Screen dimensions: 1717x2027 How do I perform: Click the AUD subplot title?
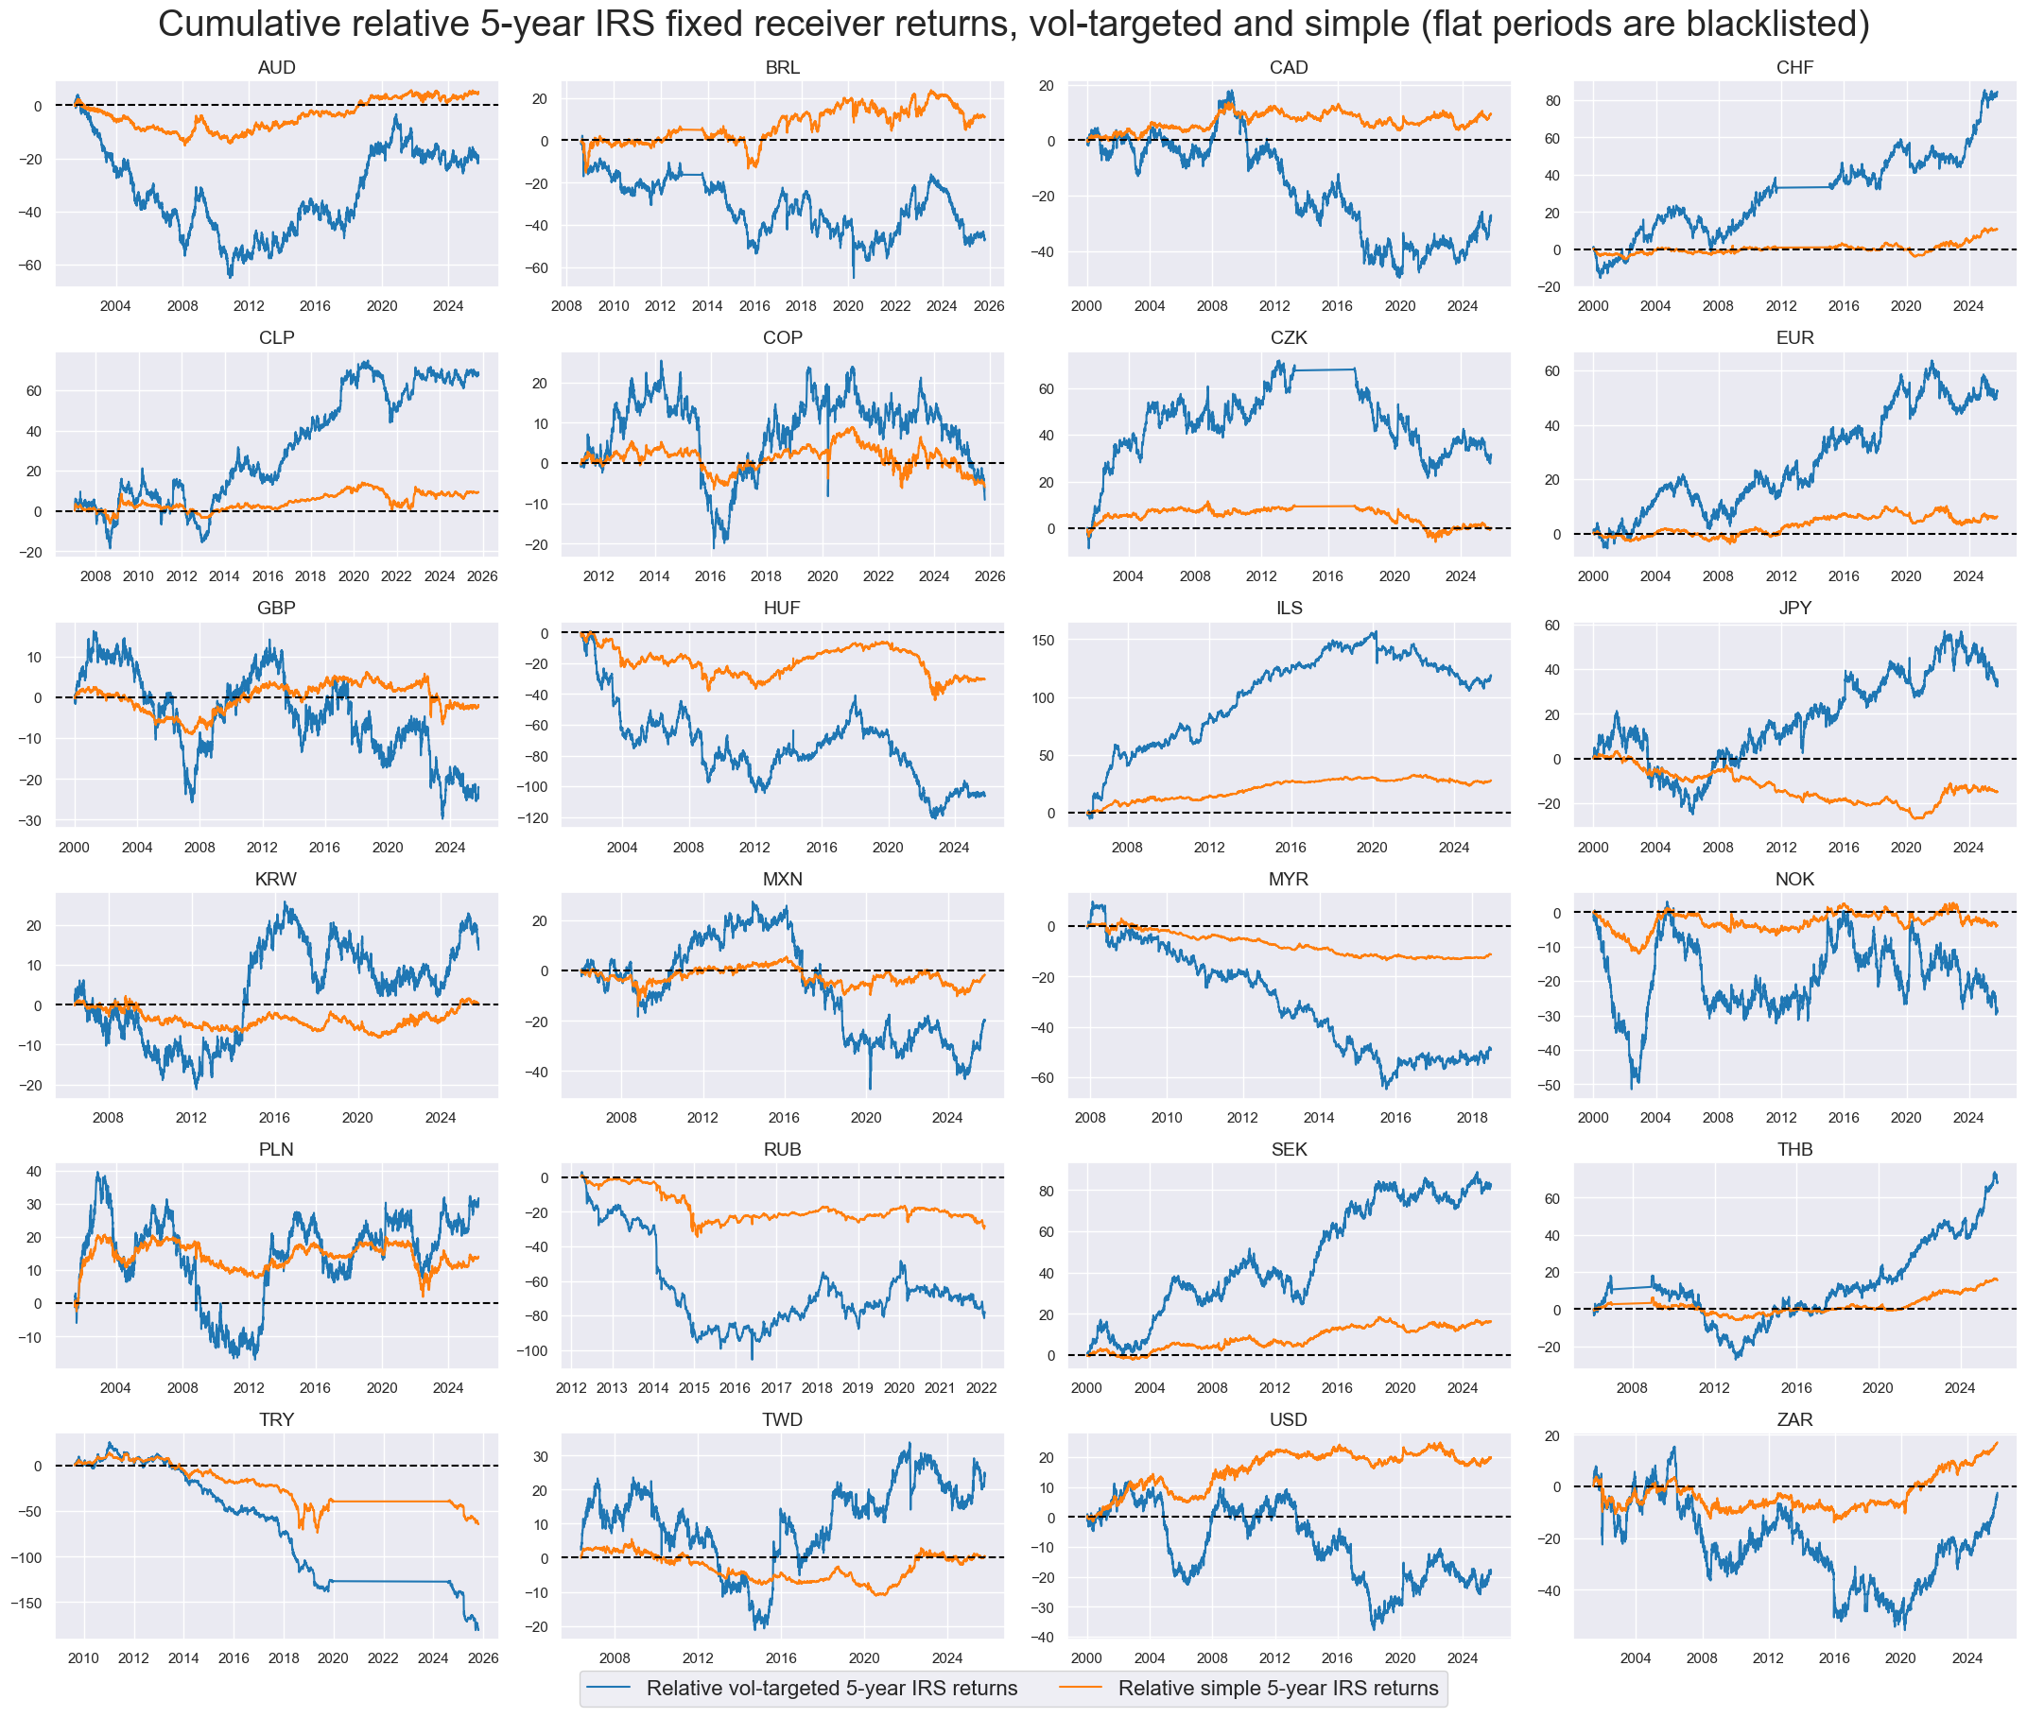point(275,67)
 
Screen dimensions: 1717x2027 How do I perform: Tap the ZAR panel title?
point(1793,1419)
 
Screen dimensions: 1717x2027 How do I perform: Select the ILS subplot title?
point(1288,608)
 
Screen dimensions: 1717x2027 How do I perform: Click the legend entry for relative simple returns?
point(1276,1688)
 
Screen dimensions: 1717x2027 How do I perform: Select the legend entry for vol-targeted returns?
point(830,1688)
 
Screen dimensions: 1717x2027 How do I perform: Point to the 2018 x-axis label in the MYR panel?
point(1471,1117)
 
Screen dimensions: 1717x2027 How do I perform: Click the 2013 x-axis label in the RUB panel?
point(612,1388)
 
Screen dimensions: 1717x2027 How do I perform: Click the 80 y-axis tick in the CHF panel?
point(1552,101)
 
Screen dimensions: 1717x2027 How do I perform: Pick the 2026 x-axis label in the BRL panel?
point(988,305)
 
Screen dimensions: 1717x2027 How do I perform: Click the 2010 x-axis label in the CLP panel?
point(137,576)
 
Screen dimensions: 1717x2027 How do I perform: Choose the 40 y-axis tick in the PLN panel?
point(33,1172)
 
